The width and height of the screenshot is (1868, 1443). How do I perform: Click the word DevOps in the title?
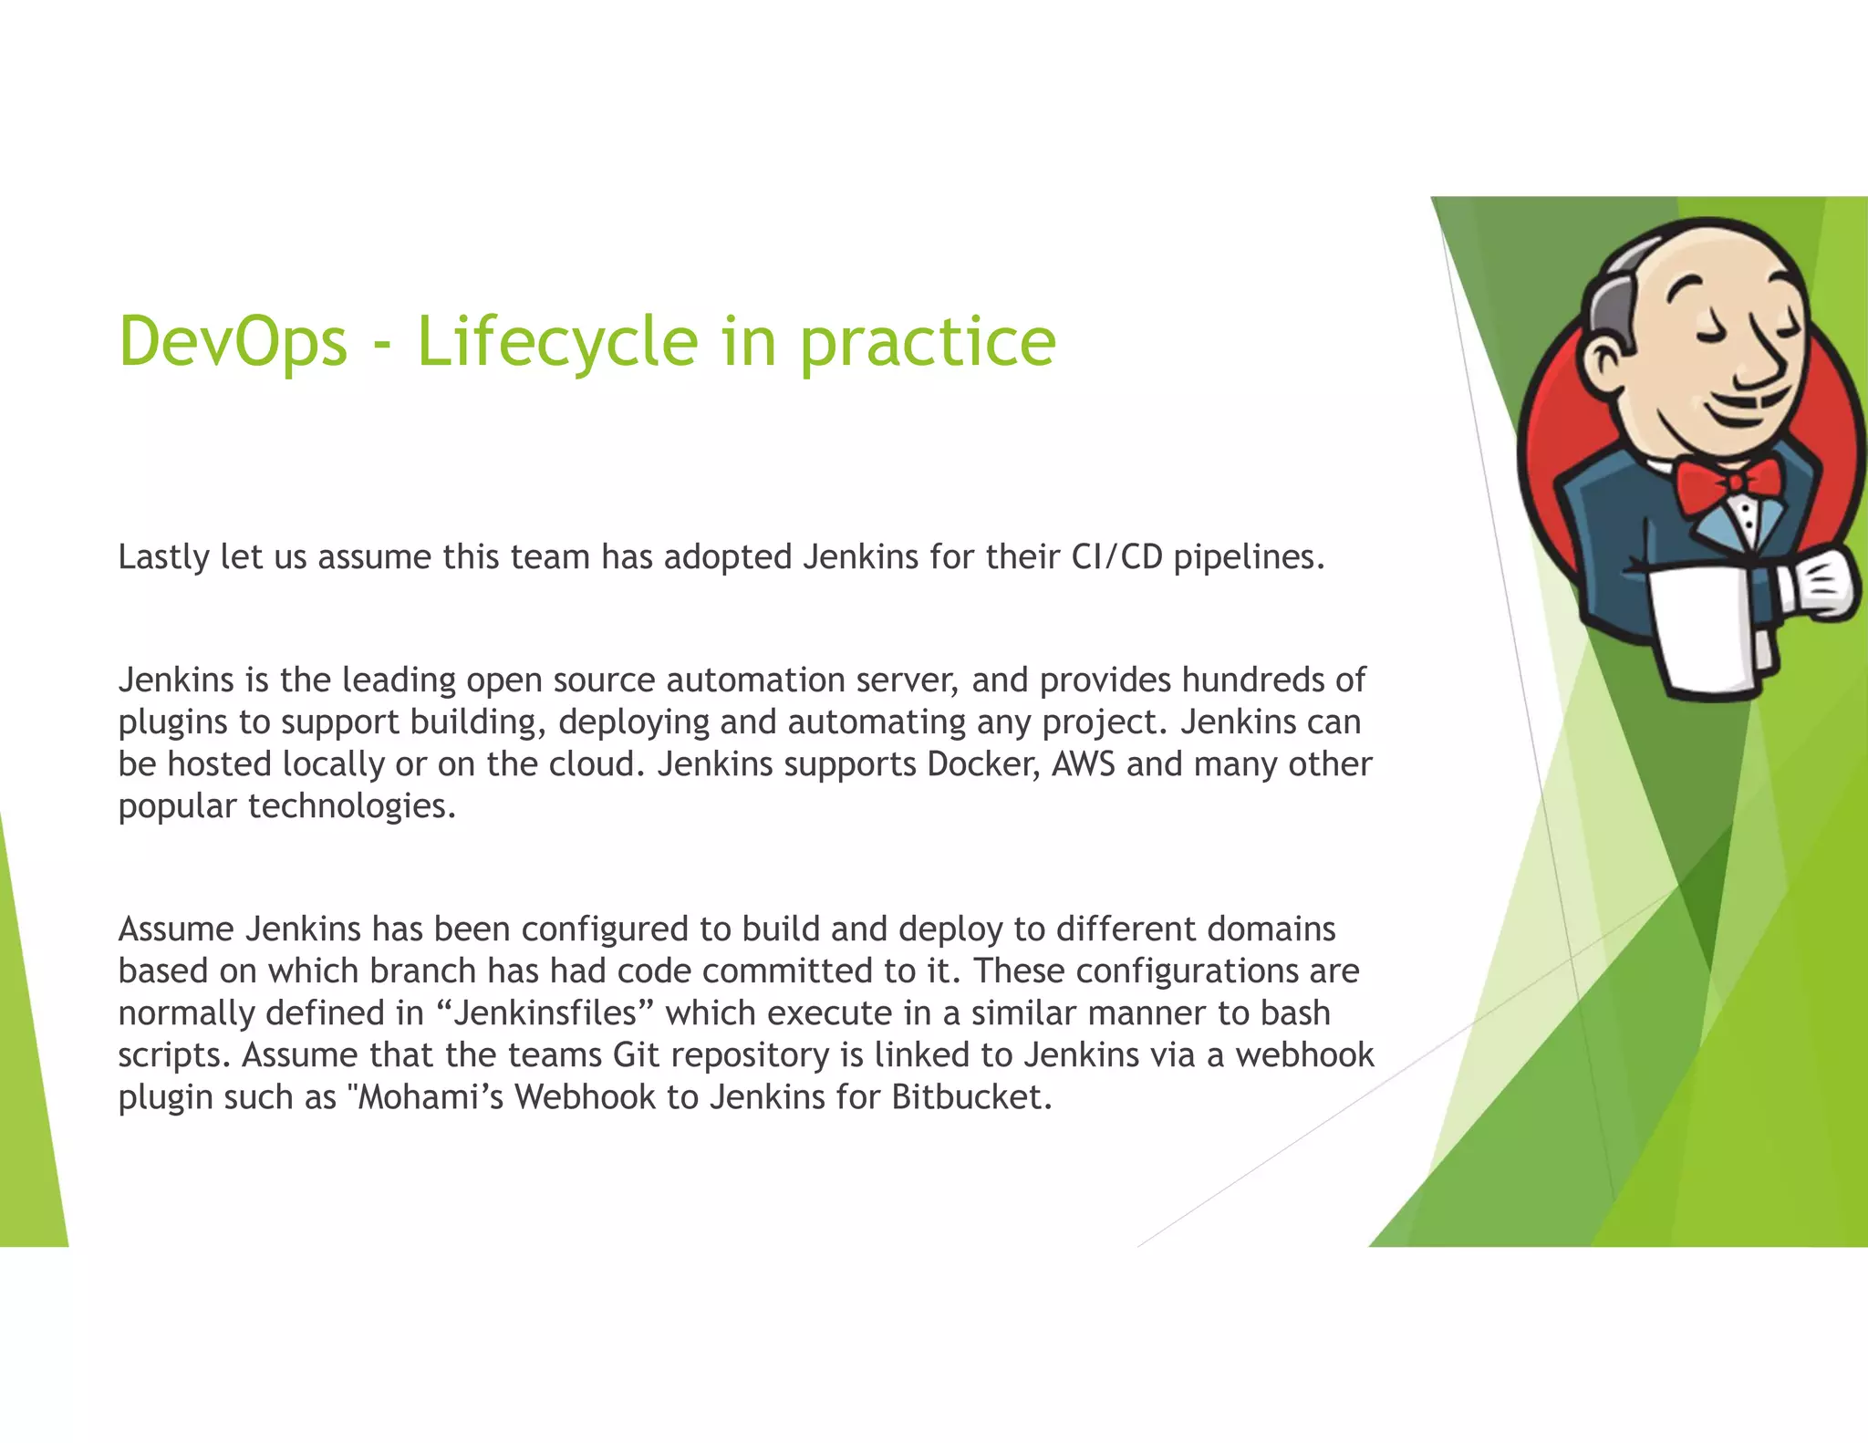[x=233, y=341]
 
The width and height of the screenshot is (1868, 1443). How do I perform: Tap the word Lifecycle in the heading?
[x=557, y=341]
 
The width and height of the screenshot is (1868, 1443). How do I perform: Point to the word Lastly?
[x=164, y=557]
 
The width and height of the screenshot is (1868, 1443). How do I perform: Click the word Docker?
[x=982, y=763]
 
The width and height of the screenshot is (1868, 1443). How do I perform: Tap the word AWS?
[x=1083, y=763]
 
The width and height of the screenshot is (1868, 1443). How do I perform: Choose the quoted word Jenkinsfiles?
[x=545, y=1012]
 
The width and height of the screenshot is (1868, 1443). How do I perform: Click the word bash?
[x=1295, y=1012]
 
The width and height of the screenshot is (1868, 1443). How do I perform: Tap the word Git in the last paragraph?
[x=636, y=1054]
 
